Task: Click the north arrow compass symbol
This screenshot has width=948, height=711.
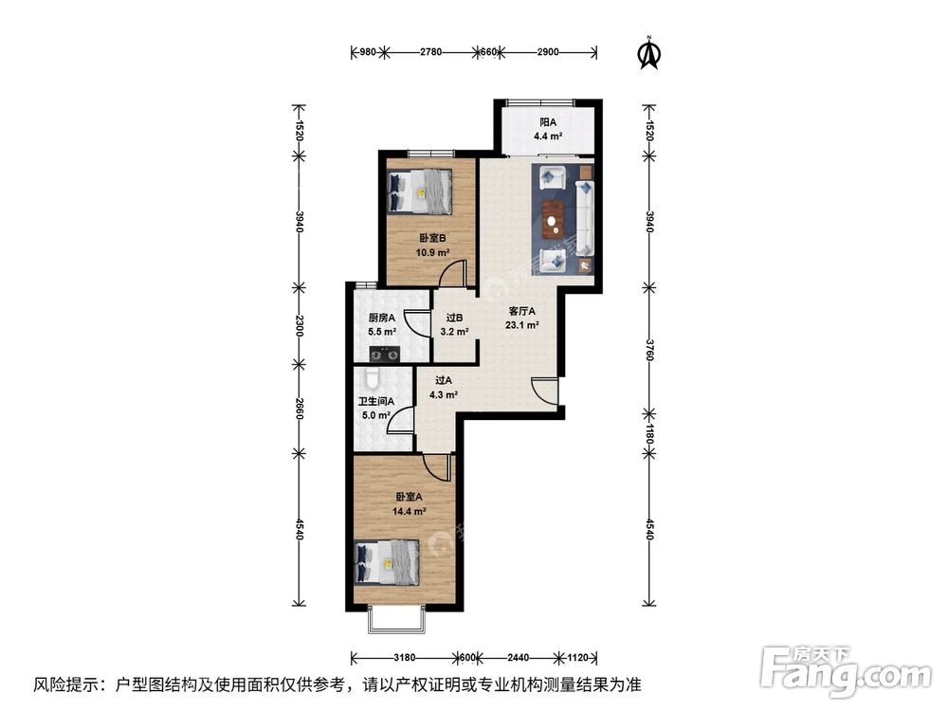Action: tap(648, 52)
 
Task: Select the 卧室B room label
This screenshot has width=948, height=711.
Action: tap(431, 239)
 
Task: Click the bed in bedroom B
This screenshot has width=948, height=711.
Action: tap(423, 190)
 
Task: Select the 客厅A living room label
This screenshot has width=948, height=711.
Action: tap(522, 311)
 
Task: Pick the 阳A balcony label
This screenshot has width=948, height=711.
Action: tap(547, 122)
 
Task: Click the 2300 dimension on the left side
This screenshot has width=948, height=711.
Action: tap(299, 325)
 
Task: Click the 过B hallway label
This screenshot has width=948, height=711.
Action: tap(454, 319)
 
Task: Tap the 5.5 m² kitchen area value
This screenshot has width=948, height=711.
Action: tap(382, 333)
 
